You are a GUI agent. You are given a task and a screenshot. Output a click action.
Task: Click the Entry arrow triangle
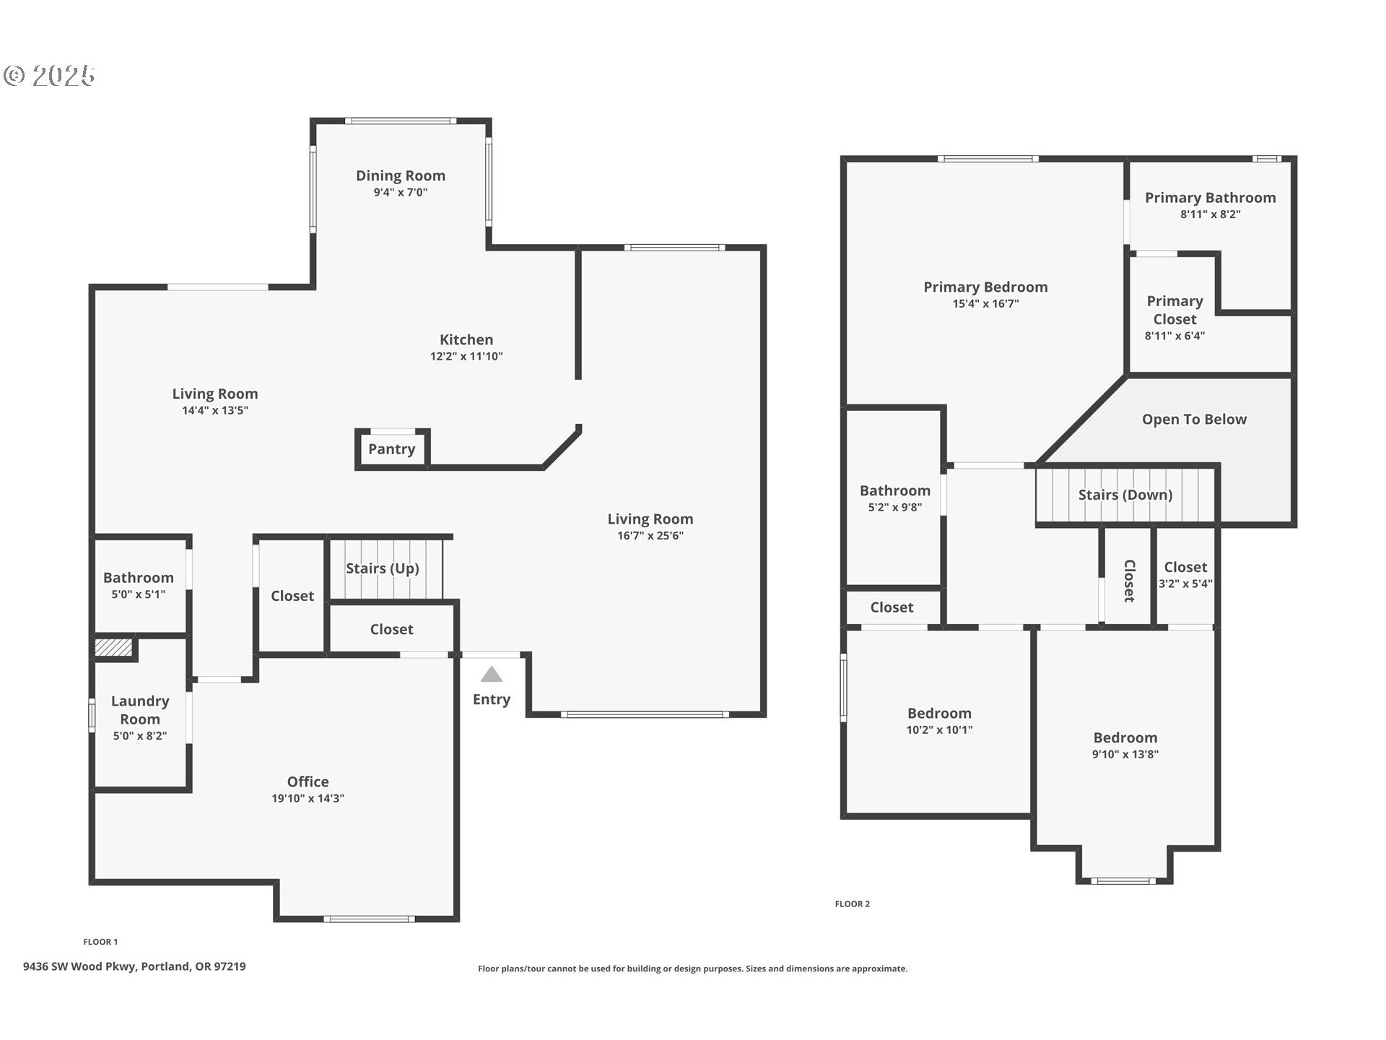point(492,675)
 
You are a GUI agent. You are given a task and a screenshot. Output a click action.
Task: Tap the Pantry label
point(391,449)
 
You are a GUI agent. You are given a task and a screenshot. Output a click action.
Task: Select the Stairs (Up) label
point(383,568)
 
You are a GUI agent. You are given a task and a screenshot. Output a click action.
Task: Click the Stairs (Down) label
point(1125,495)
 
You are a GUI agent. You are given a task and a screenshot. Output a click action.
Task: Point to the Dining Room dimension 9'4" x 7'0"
point(401,192)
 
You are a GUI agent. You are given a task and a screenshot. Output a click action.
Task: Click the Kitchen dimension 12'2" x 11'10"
point(466,356)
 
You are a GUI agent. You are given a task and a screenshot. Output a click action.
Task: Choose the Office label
point(308,781)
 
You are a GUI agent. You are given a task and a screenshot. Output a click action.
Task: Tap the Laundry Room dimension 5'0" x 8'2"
point(140,736)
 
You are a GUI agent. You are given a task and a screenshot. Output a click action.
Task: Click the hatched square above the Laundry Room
point(114,647)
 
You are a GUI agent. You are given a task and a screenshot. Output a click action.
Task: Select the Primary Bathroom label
point(1211,198)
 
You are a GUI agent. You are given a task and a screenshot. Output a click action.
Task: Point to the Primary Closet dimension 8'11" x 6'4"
point(1174,336)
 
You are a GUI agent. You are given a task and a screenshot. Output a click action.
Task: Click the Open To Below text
point(1195,420)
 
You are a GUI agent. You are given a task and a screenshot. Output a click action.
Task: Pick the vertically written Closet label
point(1130,581)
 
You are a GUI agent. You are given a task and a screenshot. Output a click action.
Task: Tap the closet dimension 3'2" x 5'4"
point(1185,584)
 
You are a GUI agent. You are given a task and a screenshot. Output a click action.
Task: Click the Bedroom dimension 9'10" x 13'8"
point(1125,754)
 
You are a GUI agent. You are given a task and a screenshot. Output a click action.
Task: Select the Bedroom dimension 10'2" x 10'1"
point(939,729)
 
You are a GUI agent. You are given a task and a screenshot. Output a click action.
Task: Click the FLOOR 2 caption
point(853,904)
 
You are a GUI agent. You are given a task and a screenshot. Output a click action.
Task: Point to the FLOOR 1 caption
point(100,942)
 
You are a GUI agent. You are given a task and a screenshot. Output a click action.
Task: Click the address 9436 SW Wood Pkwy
point(79,966)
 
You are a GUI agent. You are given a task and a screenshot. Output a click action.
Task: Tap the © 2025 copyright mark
point(50,76)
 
